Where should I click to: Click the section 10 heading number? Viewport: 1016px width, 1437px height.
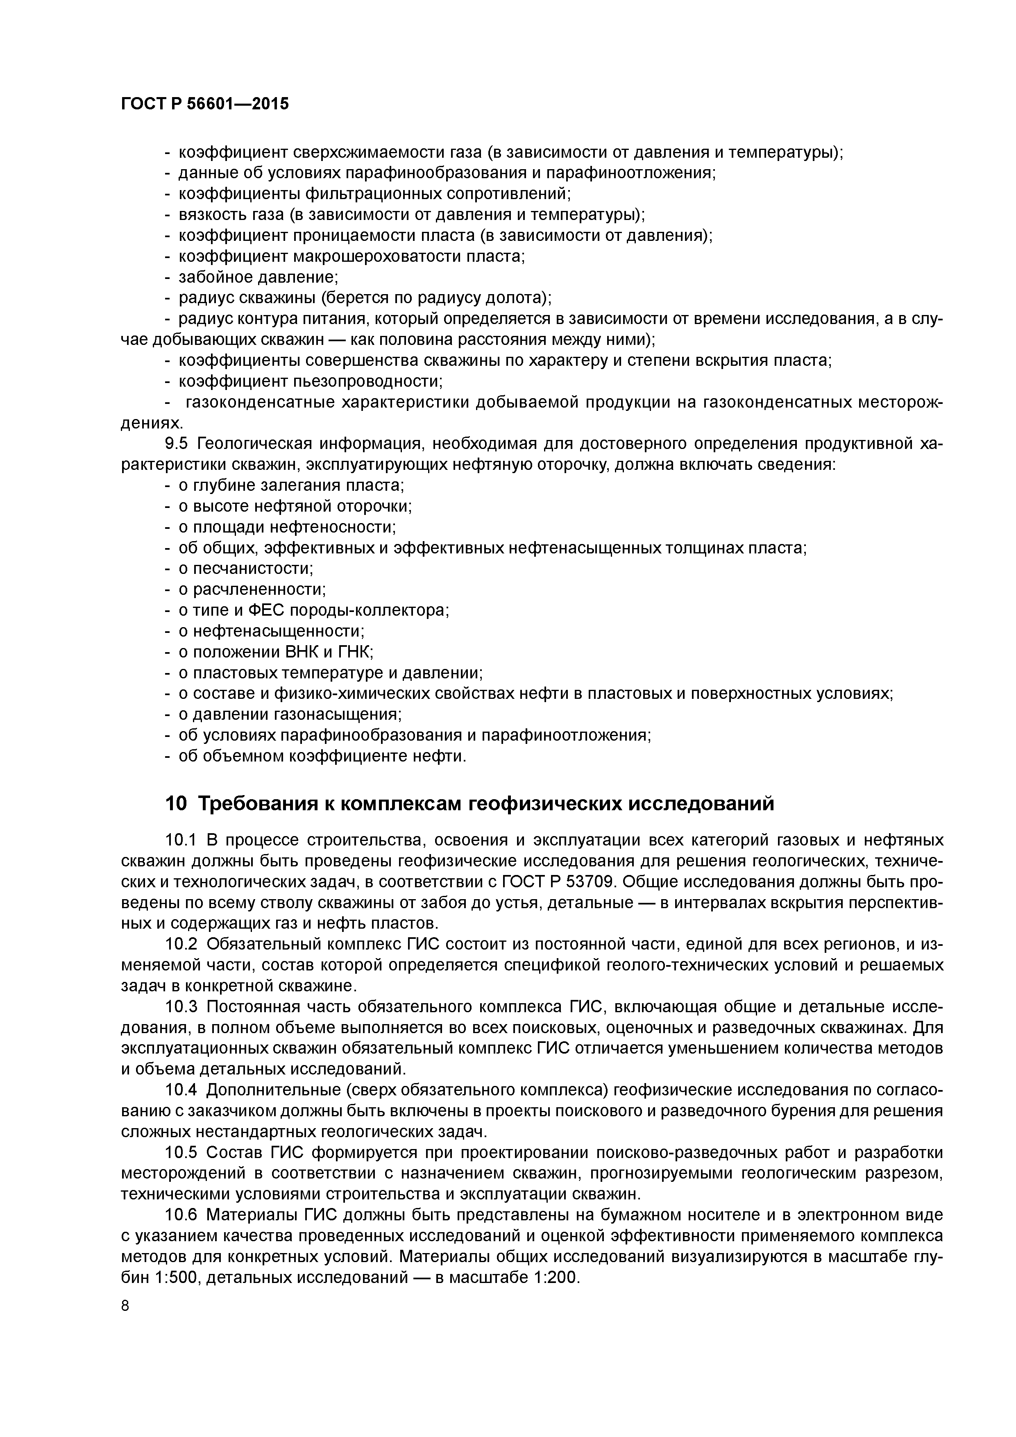(x=176, y=803)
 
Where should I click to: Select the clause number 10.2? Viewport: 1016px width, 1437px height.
(x=181, y=944)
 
